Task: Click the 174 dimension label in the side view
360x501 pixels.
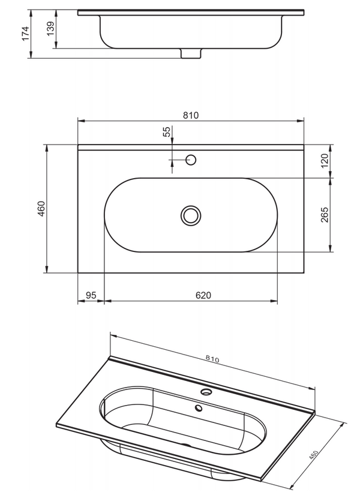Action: click(25, 32)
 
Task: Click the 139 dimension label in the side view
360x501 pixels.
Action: click(51, 28)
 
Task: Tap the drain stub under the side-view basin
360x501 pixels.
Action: click(191, 54)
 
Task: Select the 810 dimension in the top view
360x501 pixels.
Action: click(191, 115)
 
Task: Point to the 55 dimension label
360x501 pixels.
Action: click(167, 132)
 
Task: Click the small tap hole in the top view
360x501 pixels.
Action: click(191, 160)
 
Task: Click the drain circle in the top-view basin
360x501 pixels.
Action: click(191, 215)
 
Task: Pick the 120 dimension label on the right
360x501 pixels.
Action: click(325, 161)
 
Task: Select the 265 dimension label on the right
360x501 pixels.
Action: click(325, 215)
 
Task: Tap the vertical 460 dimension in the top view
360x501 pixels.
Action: click(41, 209)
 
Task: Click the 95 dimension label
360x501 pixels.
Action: click(91, 295)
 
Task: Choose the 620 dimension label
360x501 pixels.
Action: click(204, 295)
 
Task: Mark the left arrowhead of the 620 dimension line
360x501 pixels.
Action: click(107, 301)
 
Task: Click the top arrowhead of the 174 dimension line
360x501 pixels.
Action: click(30, 11)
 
